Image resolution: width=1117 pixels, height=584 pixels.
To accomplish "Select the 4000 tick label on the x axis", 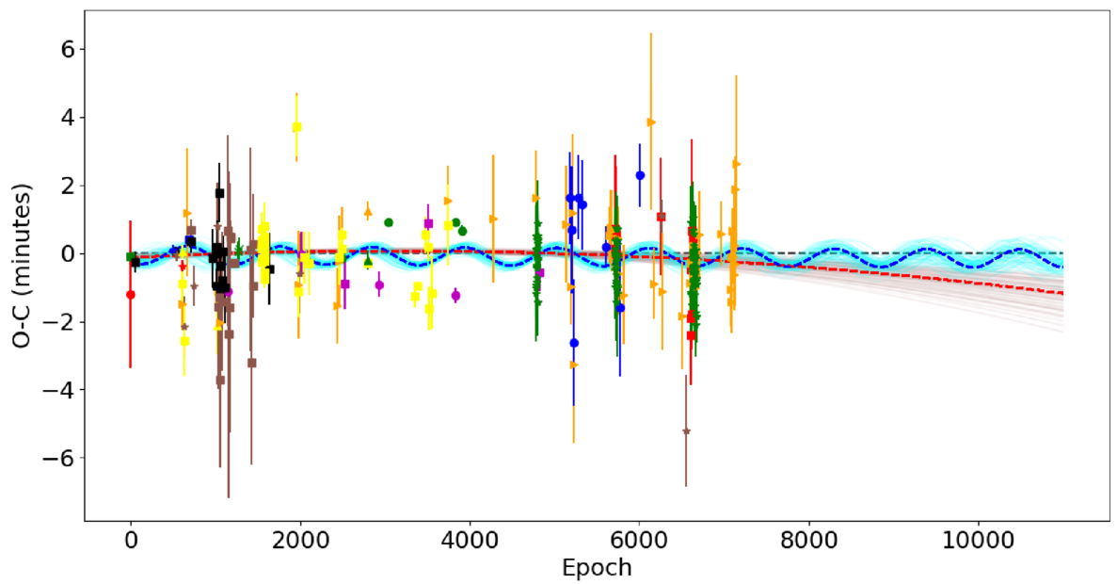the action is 470,540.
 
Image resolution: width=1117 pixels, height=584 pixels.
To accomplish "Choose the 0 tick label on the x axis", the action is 131,540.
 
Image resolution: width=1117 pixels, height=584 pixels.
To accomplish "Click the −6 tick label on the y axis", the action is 63,458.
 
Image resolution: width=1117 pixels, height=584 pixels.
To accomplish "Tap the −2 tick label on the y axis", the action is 63,321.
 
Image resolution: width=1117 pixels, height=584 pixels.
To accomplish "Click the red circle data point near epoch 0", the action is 131,295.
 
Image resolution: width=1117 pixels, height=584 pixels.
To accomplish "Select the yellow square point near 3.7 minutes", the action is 297,127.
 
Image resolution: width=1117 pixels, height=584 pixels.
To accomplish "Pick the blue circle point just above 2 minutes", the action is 640,175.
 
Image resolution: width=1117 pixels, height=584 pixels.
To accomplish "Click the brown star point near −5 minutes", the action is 686,431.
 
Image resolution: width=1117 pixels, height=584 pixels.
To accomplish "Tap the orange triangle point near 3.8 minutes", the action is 651,122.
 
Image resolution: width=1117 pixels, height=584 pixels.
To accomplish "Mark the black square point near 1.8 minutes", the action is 219,193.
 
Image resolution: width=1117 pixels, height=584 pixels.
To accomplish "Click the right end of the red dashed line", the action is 1062,293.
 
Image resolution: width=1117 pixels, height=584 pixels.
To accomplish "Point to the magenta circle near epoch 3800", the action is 455,295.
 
